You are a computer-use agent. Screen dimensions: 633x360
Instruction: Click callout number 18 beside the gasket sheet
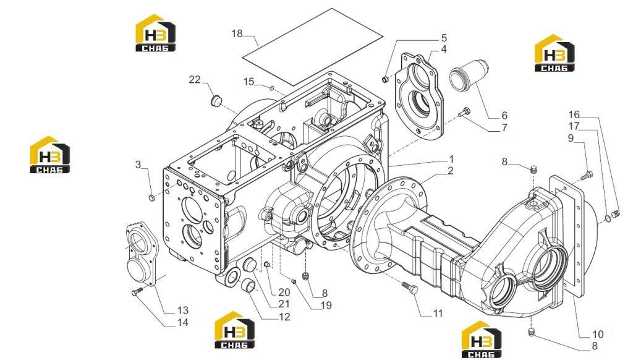click(237, 33)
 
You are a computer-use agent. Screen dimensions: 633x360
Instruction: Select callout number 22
click(195, 80)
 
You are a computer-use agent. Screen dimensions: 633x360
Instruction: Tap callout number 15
click(249, 82)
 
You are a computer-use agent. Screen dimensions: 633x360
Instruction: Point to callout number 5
click(444, 38)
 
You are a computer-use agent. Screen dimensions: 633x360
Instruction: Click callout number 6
click(504, 116)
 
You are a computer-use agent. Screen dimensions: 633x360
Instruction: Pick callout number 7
click(504, 127)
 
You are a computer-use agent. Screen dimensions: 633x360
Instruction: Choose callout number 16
click(574, 115)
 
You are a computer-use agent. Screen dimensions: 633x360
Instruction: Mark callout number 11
click(438, 313)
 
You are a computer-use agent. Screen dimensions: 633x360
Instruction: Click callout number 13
click(183, 311)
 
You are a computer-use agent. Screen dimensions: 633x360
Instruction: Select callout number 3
click(138, 165)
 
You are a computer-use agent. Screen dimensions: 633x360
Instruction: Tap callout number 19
click(326, 306)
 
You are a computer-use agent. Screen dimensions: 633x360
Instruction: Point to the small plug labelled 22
click(217, 101)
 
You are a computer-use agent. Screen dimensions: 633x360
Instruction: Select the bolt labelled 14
click(137, 291)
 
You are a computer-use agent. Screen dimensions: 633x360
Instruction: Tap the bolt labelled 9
click(587, 176)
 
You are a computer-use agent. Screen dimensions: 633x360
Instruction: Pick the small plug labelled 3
click(152, 198)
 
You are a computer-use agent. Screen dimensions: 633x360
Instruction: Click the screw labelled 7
click(465, 113)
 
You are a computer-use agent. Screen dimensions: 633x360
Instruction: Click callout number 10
click(598, 334)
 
